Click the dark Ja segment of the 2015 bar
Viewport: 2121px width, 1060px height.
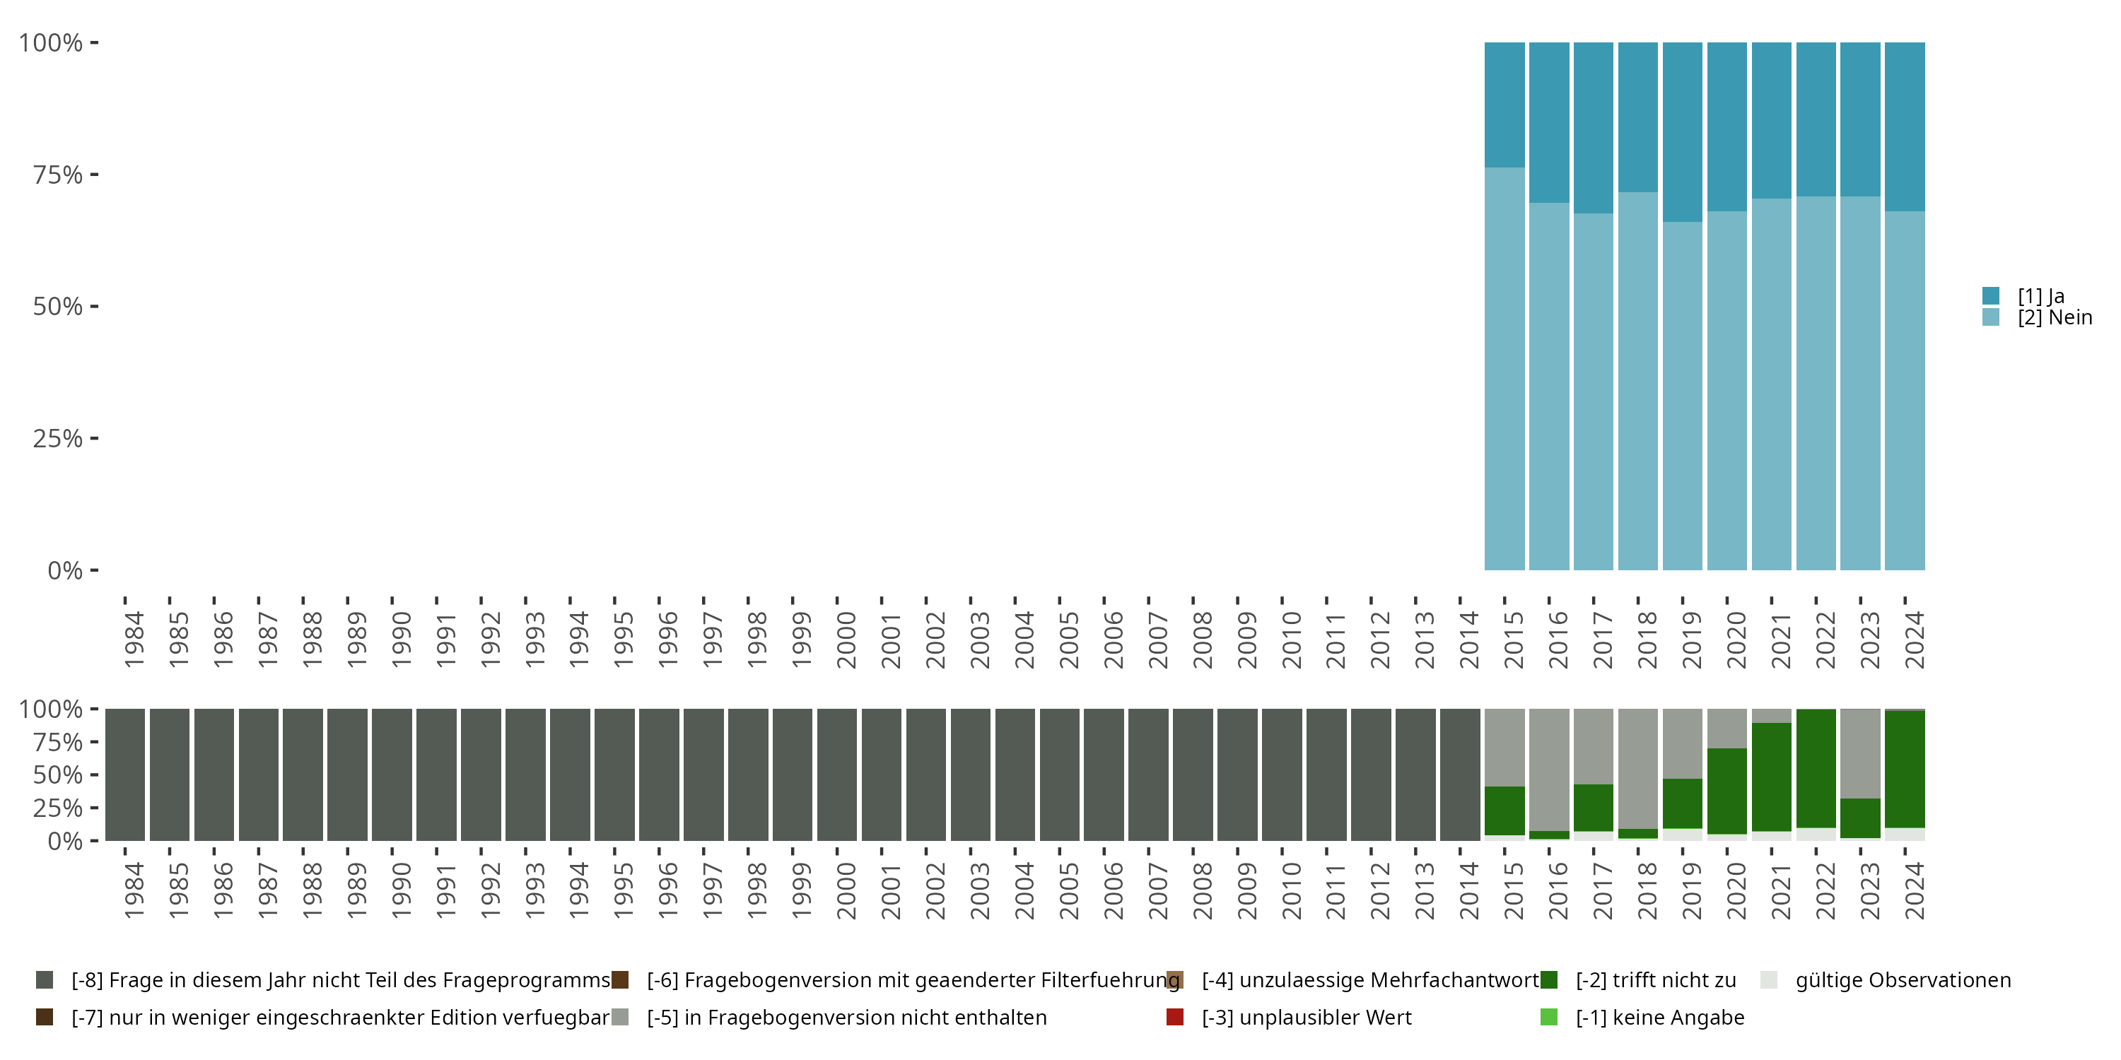[x=1504, y=105]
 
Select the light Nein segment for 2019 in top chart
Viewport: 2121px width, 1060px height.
[x=1681, y=395]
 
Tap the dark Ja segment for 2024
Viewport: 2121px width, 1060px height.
[x=1905, y=126]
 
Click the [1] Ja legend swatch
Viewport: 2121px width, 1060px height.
[x=1991, y=295]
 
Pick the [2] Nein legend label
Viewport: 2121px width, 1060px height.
[x=2055, y=318]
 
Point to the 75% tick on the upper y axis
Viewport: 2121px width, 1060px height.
[x=94, y=175]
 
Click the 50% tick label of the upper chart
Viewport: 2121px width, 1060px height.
[x=58, y=307]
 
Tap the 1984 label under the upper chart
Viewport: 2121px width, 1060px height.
[x=134, y=640]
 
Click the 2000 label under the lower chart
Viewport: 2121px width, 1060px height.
[x=846, y=890]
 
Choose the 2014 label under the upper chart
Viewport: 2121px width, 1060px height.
[x=1470, y=640]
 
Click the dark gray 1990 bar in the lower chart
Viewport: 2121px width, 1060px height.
[x=392, y=775]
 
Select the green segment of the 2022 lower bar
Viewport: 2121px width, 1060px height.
[x=1816, y=768]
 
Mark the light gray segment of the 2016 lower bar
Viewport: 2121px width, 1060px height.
[x=1549, y=769]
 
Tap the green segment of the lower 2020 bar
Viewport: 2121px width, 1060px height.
[x=1726, y=791]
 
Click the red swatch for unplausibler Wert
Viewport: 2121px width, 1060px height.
[x=1175, y=1017]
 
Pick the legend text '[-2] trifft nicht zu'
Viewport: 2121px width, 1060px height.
[x=1655, y=980]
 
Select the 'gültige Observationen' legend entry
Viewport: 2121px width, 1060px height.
[x=1902, y=980]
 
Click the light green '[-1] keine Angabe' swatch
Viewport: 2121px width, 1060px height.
[x=1549, y=1017]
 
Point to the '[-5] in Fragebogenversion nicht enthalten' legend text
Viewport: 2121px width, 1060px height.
[x=846, y=1017]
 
